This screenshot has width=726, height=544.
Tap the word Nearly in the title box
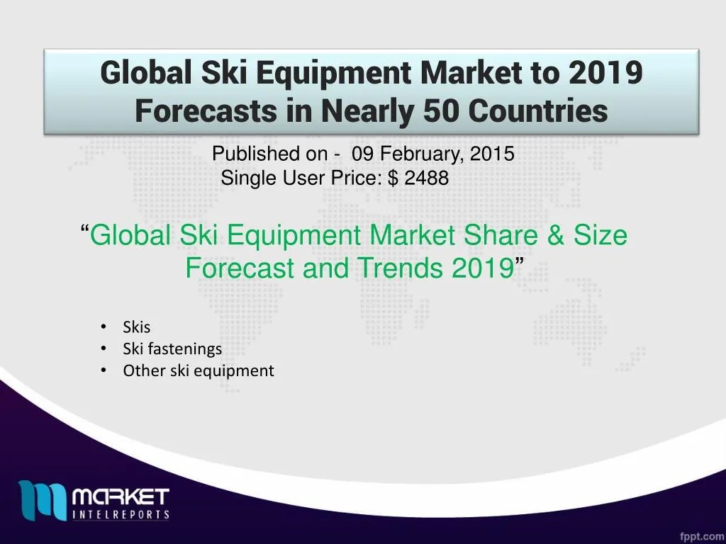(372, 110)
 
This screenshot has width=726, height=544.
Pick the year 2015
(495, 154)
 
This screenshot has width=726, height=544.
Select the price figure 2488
(426, 178)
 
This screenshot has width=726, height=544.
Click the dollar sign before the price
(393, 178)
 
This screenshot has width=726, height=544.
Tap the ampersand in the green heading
(554, 234)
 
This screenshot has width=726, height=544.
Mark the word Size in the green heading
(601, 234)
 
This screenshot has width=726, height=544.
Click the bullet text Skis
(136, 327)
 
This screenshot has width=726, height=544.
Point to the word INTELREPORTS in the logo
(121, 514)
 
